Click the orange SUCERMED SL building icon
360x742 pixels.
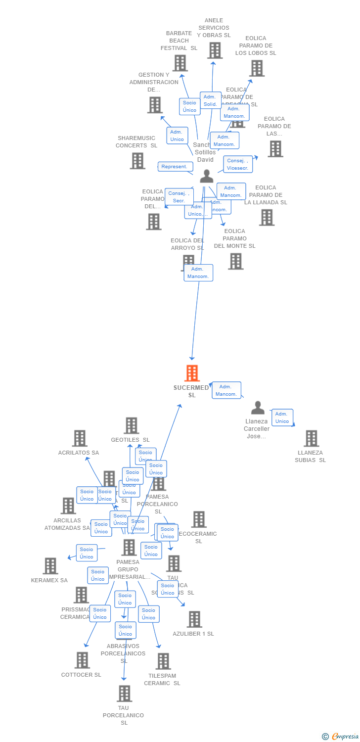(192, 373)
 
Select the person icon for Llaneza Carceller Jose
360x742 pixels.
(258, 408)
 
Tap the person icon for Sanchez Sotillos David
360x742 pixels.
(207, 176)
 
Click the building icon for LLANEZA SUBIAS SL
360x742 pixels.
(311, 438)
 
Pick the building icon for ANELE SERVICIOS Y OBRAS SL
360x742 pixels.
(215, 50)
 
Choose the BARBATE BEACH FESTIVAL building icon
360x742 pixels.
(180, 63)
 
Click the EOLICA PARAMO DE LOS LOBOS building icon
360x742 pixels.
(257, 68)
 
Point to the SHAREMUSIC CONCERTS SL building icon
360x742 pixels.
(137, 161)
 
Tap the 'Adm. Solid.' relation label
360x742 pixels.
(210, 100)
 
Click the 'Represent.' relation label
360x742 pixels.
(175, 167)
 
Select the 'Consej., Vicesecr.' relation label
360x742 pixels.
(238, 164)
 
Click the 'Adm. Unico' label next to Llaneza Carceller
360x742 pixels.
(282, 417)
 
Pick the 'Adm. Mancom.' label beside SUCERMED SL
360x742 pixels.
(226, 390)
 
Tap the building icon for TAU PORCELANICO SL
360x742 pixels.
(125, 694)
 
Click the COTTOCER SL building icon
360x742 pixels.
(82, 660)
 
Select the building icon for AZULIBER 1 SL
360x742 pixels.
(194, 619)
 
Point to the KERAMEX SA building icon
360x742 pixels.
(50, 566)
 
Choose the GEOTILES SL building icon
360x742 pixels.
(131, 425)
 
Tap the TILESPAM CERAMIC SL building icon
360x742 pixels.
(163, 661)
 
